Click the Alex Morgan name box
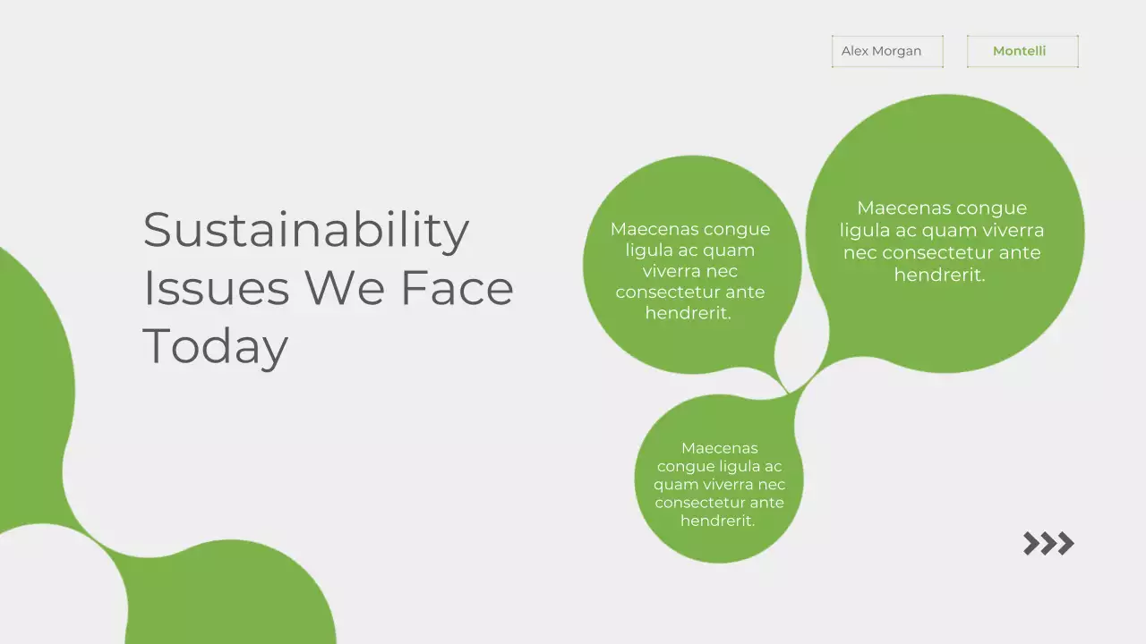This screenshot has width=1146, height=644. click(887, 51)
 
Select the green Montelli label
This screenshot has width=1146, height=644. click(1019, 51)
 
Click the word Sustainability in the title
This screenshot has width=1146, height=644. click(305, 230)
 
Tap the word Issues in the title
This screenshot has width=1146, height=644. click(216, 288)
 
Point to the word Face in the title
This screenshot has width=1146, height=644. click(457, 288)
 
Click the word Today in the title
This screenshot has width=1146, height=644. click(215, 346)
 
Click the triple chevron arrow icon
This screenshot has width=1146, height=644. click(1048, 543)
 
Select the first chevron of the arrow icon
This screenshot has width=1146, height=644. click(1031, 543)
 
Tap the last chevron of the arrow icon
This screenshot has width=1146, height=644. click(1065, 543)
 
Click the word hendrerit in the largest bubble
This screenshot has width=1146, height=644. click(938, 275)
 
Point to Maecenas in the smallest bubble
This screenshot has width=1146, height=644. click(719, 448)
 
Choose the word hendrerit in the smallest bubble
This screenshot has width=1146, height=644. click(716, 521)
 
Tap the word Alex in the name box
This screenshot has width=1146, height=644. click(854, 51)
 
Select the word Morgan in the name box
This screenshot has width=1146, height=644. click(896, 51)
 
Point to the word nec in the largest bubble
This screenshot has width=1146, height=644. click(859, 253)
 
